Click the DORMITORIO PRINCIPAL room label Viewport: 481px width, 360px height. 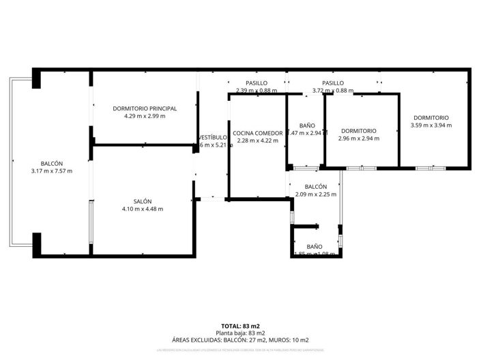(145, 108)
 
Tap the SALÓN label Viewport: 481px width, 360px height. (143, 201)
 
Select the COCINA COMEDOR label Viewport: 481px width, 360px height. (257, 133)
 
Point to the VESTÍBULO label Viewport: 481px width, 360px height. (212, 137)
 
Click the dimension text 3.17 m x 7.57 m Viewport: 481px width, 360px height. (52, 171)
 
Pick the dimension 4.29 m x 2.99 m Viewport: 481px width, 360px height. (145, 116)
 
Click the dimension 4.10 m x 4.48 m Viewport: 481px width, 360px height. (143, 209)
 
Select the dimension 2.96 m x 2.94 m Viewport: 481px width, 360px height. (359, 138)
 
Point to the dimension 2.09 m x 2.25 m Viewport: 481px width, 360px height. (316, 194)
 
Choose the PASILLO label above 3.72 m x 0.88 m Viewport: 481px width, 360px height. (333, 83)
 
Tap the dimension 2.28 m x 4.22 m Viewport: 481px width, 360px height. (257, 140)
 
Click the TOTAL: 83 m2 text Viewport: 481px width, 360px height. (241, 326)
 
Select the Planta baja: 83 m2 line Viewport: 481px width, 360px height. (241, 333)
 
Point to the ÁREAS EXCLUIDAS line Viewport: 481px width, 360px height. (241, 340)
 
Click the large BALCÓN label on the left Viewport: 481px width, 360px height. (52, 164)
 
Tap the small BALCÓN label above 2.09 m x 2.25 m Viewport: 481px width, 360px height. (316, 187)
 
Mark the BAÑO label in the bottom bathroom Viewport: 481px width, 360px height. (315, 246)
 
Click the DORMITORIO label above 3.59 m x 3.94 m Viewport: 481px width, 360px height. (431, 118)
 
